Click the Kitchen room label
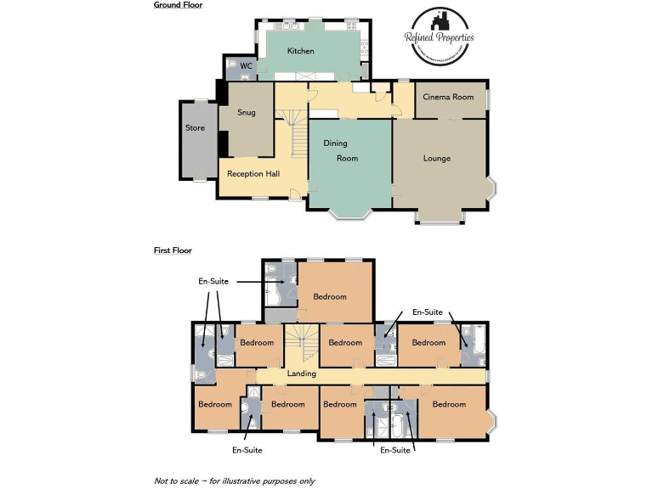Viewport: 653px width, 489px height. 300,51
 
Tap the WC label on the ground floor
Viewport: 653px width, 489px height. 246,66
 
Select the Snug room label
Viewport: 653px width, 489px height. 246,112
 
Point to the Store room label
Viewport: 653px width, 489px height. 195,128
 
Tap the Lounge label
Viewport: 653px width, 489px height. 437,158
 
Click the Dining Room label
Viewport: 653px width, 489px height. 341,150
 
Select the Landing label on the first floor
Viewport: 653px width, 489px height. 301,374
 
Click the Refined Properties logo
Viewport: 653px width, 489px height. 439,37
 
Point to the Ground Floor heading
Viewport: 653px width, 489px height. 178,5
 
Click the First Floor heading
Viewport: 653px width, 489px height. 173,250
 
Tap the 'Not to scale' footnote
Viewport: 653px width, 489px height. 234,481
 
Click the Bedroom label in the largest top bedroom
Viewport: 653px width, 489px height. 330,296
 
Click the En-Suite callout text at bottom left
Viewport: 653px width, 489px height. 247,450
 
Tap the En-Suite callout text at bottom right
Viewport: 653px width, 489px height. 395,450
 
